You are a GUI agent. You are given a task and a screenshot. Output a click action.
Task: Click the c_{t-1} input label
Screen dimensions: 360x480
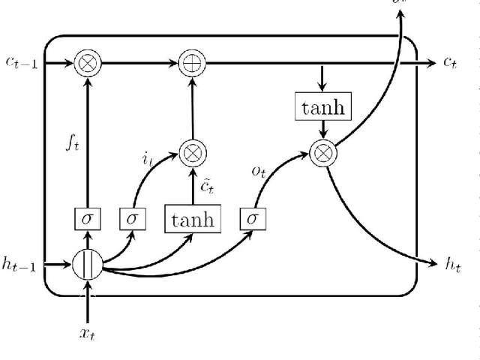[21, 64]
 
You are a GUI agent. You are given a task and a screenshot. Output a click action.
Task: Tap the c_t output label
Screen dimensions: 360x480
[450, 64]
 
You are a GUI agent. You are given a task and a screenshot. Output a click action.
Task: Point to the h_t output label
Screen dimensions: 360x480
[452, 263]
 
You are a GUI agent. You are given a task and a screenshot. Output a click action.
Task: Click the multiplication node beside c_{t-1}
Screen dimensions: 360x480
[88, 64]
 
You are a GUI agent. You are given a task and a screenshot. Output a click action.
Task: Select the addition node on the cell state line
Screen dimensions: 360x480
[193, 64]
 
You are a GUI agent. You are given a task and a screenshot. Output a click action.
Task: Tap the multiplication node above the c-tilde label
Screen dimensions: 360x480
[193, 153]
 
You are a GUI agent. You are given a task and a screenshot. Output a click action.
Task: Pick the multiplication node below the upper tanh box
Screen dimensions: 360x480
[323, 153]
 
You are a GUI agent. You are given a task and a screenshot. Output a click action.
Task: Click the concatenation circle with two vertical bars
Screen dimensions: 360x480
[88, 265]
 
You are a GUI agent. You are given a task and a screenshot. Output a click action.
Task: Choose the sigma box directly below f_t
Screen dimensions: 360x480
[88, 220]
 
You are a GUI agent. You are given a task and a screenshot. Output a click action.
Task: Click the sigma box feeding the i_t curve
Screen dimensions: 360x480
[133, 220]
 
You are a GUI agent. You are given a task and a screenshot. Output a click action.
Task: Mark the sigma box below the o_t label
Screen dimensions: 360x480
[252, 220]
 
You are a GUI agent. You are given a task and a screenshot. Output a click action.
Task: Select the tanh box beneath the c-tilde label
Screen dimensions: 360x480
[193, 219]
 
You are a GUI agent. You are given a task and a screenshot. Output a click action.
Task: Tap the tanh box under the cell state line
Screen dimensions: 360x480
[323, 107]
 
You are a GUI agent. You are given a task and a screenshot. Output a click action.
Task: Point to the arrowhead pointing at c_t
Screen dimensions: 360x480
[430, 64]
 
